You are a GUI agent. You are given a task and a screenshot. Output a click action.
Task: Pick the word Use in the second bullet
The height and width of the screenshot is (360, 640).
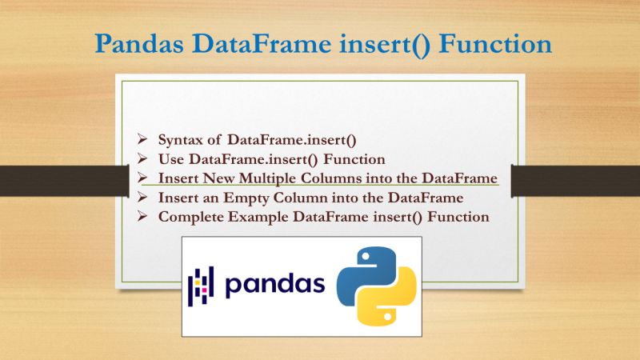[x=171, y=159]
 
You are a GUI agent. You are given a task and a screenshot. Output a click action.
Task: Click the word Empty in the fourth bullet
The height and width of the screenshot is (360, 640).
[x=250, y=198]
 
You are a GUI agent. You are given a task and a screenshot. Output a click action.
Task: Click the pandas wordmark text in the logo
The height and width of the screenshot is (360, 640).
[x=274, y=285]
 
